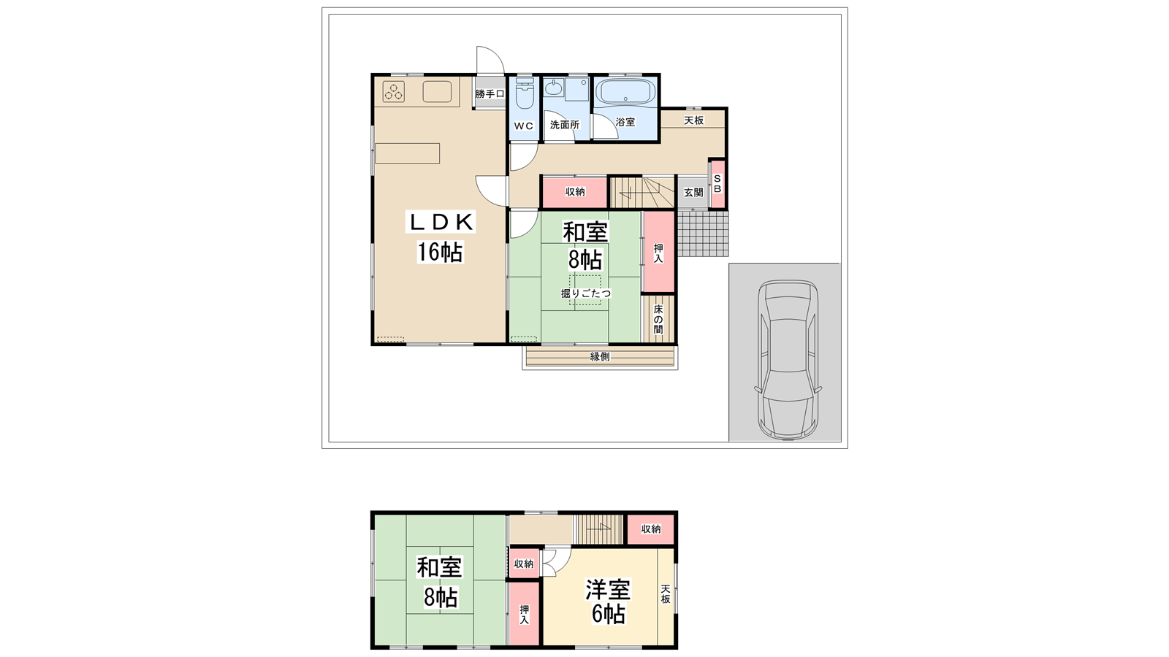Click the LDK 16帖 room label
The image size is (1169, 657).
(x=441, y=237)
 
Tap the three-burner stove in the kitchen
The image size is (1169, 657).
(x=394, y=92)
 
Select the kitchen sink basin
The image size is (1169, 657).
(x=437, y=92)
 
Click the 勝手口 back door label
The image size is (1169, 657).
(x=490, y=94)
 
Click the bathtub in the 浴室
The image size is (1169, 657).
(x=625, y=91)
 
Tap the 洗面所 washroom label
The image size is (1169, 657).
(x=565, y=125)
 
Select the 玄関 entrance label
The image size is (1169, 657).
(x=693, y=193)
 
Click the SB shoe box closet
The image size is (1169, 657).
(x=717, y=184)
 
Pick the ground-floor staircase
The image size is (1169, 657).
(x=643, y=193)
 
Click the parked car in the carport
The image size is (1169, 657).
(x=788, y=360)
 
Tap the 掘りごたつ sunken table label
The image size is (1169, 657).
(x=586, y=293)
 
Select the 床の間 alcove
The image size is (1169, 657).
(x=658, y=318)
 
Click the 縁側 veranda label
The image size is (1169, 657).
(x=600, y=357)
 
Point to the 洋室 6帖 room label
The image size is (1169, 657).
(x=609, y=602)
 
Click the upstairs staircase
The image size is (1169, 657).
(x=599, y=530)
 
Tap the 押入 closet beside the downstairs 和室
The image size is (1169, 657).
(x=658, y=252)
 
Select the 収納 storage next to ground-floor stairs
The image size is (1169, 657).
(x=575, y=192)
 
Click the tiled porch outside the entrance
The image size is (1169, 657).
(x=702, y=234)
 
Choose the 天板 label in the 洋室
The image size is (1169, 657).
(x=666, y=594)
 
